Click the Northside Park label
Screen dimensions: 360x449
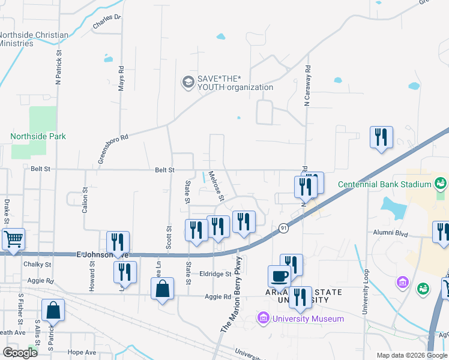tap(38, 136)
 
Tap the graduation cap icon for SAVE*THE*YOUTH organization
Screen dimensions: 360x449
tap(188, 82)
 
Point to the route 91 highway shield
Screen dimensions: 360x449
tap(283, 228)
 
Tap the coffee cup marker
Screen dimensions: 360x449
tap(279, 277)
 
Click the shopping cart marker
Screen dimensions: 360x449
tap(13, 239)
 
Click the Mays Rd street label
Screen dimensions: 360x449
tap(121, 78)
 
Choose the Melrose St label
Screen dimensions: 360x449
tap(216, 187)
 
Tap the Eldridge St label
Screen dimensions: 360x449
tap(216, 274)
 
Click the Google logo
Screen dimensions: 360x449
tap(19, 352)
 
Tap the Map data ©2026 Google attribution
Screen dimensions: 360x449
tap(411, 355)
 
